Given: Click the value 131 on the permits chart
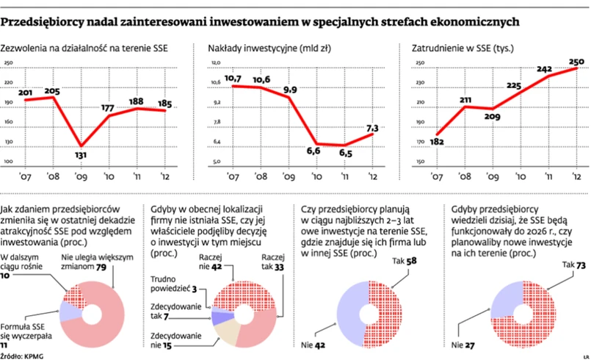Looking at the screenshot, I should coord(82,154).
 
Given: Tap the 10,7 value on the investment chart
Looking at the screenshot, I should coord(233,78).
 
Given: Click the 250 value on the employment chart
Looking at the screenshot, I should coord(577,61).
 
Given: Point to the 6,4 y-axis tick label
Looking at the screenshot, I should coord(216,142).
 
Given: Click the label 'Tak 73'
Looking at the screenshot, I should coord(573,264).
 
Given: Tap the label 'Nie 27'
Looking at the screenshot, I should coord(463,342).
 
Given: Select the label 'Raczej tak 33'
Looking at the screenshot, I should coord(272,263).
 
